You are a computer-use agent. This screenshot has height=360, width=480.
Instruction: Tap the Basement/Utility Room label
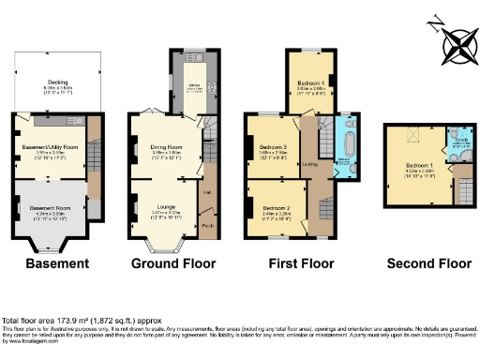(x=48, y=146)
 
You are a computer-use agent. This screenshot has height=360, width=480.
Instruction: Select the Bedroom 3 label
(x=273, y=147)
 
